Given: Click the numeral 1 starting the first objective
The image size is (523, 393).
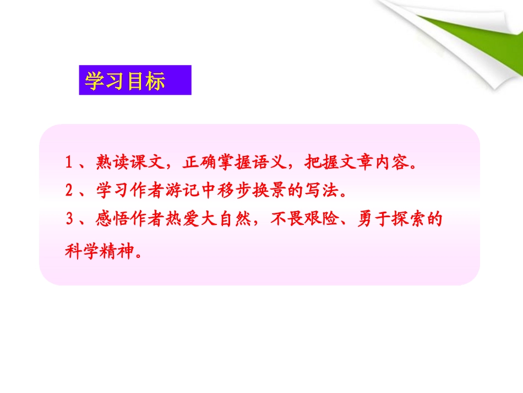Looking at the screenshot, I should (x=69, y=163).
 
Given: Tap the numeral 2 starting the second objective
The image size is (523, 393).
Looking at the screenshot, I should (x=69, y=191).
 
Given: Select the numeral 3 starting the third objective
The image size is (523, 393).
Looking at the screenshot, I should (x=69, y=219).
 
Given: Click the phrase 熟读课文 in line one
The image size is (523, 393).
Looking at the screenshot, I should (x=130, y=163).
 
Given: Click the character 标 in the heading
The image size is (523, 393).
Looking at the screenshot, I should (x=155, y=80).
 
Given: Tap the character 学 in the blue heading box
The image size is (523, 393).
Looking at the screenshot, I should (x=94, y=80).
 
